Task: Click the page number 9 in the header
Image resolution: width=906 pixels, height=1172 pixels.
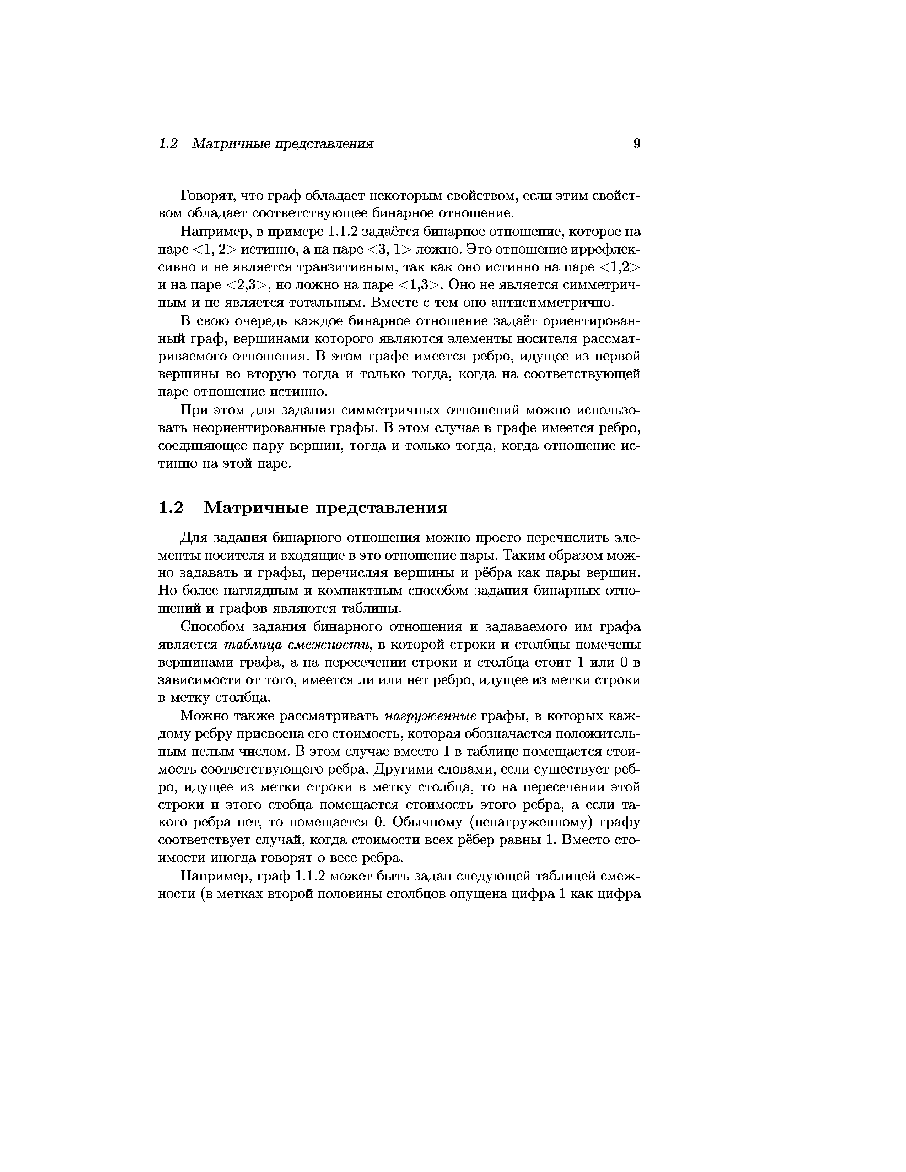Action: [637, 144]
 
